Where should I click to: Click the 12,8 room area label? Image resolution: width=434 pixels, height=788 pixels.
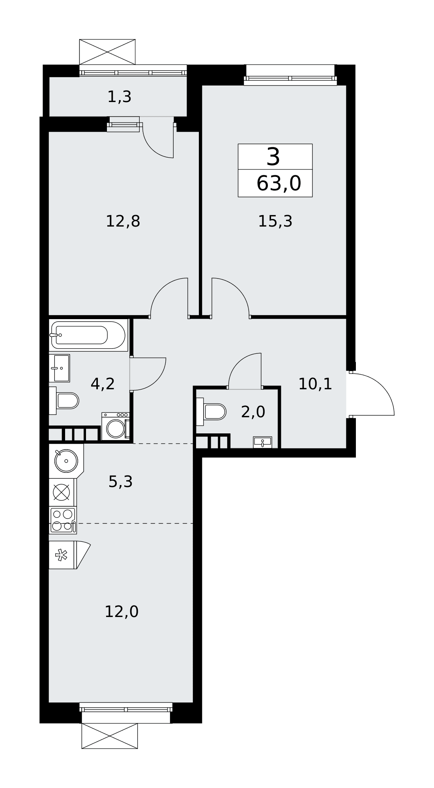tap(123, 221)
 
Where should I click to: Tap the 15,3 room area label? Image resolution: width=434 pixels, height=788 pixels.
tap(275, 221)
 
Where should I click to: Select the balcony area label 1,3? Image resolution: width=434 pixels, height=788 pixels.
tap(119, 97)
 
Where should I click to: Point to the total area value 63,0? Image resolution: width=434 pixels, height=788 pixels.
tap(279, 184)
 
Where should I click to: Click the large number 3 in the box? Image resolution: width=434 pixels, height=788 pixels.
tap(273, 157)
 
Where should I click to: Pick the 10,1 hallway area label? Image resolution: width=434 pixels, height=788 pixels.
tap(315, 384)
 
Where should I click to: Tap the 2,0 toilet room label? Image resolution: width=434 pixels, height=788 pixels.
tap(253, 412)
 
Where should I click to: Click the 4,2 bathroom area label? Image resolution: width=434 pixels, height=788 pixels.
tap(103, 384)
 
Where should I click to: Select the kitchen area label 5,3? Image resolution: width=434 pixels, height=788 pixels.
tap(120, 481)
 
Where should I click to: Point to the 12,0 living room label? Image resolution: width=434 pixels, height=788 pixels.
tap(122, 612)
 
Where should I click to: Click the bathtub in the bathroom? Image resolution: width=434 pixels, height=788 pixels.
tap(88, 335)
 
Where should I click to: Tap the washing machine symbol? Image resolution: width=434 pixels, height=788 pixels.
tap(116, 426)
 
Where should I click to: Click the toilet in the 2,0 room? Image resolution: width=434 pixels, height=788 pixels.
tap(211, 412)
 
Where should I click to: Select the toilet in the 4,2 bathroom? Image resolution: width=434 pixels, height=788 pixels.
tap(64, 401)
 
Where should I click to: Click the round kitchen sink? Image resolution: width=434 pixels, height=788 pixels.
tap(66, 461)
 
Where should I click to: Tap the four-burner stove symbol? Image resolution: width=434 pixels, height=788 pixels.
tap(63, 520)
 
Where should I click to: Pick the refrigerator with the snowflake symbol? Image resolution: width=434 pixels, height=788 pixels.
tap(69, 555)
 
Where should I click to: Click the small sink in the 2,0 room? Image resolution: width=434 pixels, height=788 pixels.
tap(262, 442)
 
